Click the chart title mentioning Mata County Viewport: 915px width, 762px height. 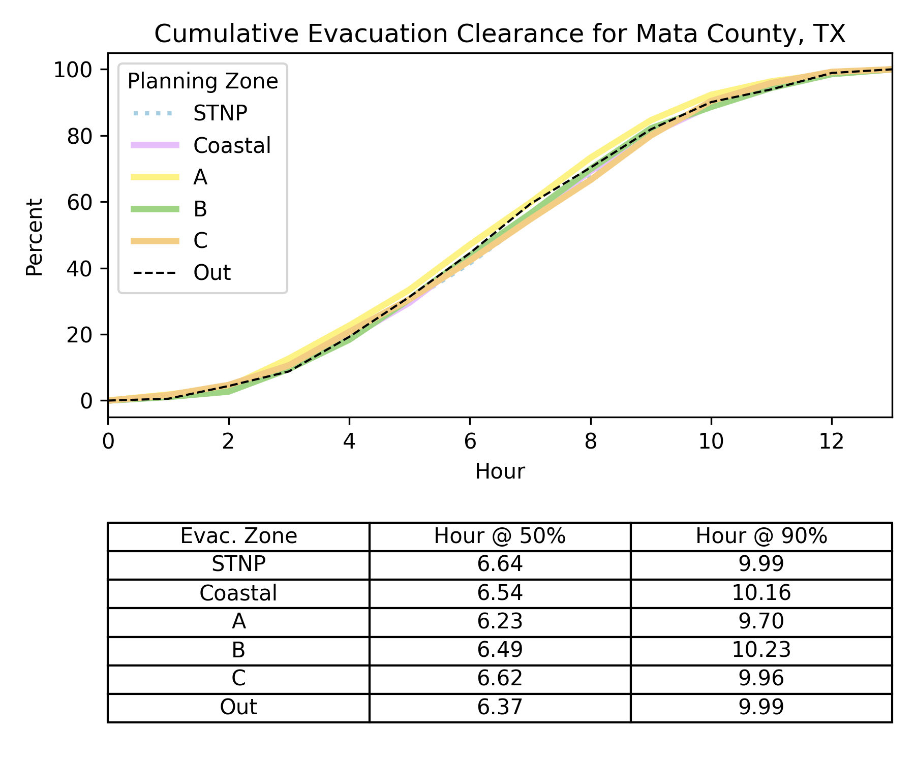[x=500, y=34]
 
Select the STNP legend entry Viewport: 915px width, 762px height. [x=220, y=113]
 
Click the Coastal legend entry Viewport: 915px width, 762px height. [x=232, y=146]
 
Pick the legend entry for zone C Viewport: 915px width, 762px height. [x=200, y=240]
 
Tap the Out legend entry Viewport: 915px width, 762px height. [x=212, y=273]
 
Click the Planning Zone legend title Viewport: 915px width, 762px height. [x=202, y=81]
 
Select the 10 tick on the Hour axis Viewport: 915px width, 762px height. [x=711, y=442]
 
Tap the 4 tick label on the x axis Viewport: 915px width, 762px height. [x=349, y=442]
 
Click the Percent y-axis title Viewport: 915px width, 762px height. [x=35, y=237]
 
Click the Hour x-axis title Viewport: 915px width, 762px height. [x=500, y=471]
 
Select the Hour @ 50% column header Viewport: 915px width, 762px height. [x=500, y=536]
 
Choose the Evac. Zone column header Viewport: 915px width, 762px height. [x=238, y=536]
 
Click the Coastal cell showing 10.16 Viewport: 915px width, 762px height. [x=761, y=593]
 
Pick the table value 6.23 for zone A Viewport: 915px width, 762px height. [x=500, y=622]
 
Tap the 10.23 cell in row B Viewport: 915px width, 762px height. [x=761, y=650]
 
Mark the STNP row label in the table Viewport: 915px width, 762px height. [x=238, y=565]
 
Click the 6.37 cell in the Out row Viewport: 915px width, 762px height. [x=500, y=707]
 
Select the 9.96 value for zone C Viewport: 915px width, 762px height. [x=761, y=679]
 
